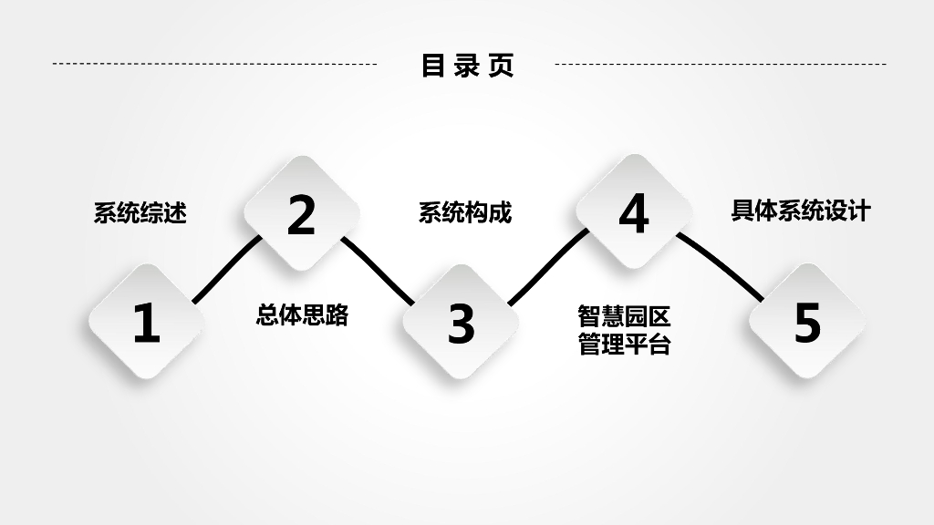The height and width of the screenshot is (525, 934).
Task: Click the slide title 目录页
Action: pos(467,65)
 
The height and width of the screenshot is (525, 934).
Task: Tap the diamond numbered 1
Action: pos(146,323)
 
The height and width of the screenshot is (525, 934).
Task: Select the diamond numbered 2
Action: pos(301,214)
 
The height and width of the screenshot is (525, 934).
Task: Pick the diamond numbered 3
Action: pos(462,323)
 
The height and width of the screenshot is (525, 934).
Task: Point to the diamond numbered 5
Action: pos(807,322)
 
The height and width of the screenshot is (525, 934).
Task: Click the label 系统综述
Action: pos(140,213)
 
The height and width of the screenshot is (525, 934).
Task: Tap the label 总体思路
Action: pos(302,315)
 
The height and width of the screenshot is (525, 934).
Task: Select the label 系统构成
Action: pos(465,213)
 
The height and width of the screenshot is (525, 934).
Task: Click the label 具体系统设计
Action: pos(801,211)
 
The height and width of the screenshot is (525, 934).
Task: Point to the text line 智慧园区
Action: pos(625,317)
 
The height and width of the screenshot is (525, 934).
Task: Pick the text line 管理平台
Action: pos(625,345)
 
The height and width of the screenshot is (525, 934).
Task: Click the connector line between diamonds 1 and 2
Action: pos(225,270)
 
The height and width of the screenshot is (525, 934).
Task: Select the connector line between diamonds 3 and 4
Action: pos(547,267)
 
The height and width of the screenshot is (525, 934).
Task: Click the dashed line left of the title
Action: pos(214,65)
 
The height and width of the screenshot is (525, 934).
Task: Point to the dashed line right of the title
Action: pos(721,65)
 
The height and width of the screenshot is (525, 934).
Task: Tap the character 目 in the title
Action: pos(432,65)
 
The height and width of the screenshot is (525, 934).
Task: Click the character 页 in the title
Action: pos(501,65)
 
